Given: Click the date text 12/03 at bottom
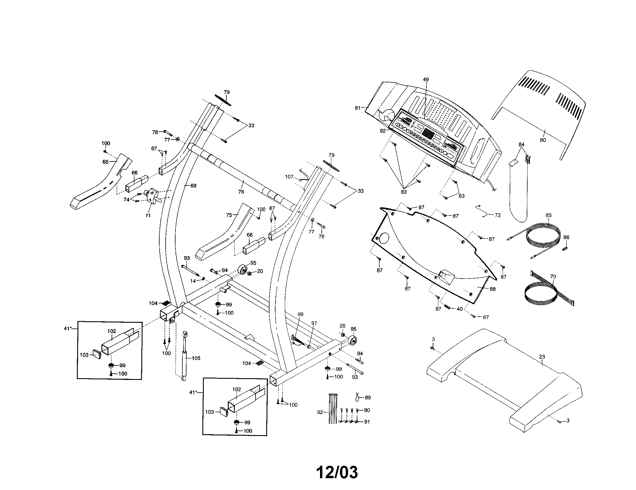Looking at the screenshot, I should point(337,473).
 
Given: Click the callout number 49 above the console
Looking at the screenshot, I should point(426,79).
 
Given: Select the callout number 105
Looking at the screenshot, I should point(196,358).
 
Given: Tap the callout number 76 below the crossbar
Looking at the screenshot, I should point(241,192).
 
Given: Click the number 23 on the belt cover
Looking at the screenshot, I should point(542,357).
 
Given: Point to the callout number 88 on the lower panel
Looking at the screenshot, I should point(492,289).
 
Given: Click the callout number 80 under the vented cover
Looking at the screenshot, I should point(543,140).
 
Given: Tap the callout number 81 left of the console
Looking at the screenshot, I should point(358,108).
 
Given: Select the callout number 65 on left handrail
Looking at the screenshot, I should point(106,162).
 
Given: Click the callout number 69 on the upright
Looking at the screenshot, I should point(193,186).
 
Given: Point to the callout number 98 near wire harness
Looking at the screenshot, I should point(300,314).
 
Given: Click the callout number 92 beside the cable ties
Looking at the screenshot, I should point(320,412).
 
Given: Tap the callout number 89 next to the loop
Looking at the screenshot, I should point(367,398).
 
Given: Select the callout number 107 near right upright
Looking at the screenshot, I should point(289,177).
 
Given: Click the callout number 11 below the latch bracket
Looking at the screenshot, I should point(148,216).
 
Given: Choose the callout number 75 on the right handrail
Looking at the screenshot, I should point(229,215).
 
